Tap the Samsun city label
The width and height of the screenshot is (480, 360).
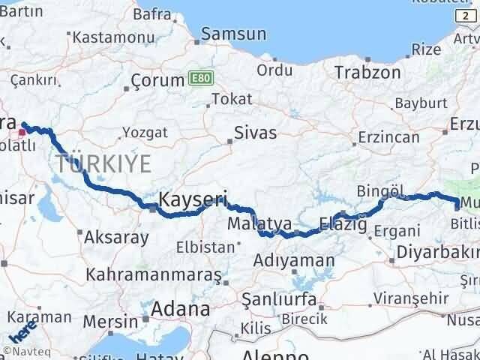233,34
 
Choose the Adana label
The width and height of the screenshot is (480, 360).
180,308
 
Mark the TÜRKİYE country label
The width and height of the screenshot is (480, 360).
103,162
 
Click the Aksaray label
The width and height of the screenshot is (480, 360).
116,237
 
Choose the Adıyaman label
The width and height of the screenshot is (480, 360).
294,261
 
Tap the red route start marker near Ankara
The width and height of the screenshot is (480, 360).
22,132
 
